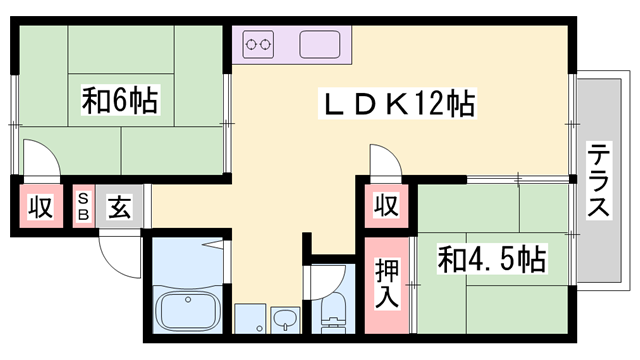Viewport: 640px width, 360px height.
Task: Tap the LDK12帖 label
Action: click(x=397, y=103)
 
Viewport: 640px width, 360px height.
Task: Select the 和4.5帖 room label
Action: click(x=491, y=260)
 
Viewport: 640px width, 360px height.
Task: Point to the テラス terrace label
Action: click(x=599, y=180)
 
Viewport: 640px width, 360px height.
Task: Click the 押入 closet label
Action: click(x=387, y=283)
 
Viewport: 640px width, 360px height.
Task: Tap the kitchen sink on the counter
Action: click(x=321, y=44)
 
